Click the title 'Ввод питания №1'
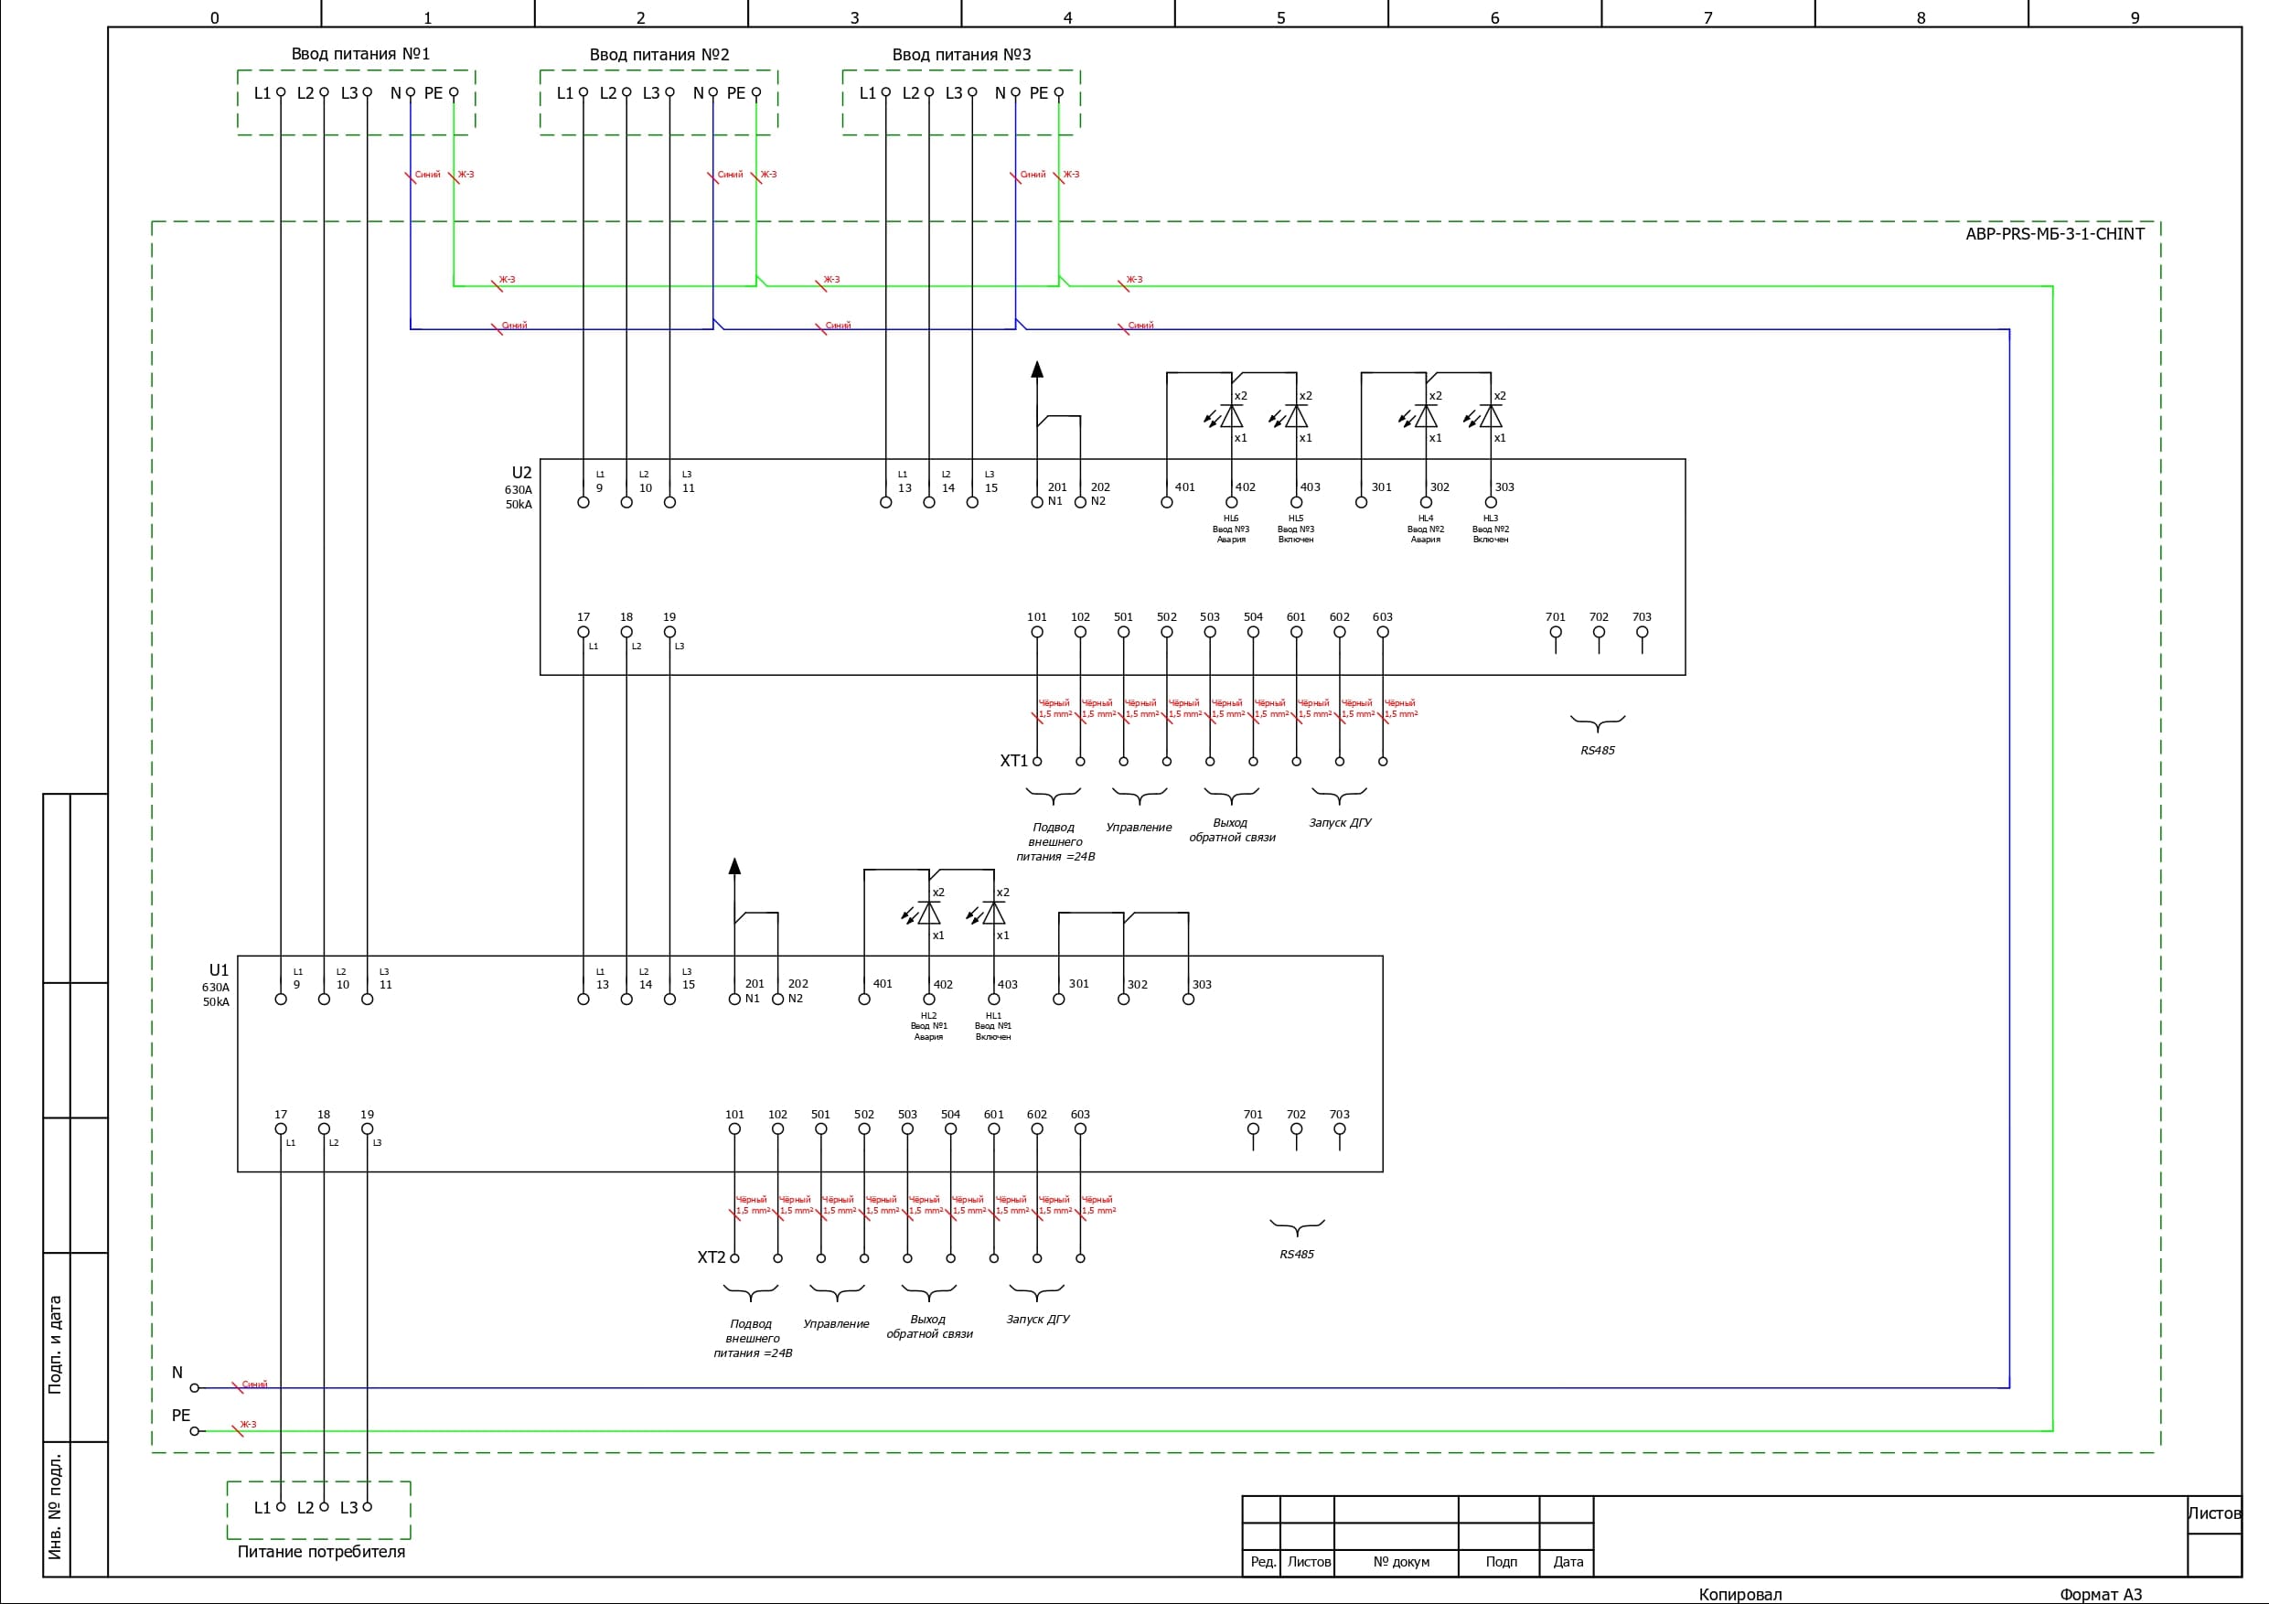[x=359, y=53]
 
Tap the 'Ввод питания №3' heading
[x=960, y=54]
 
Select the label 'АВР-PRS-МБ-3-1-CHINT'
[x=2055, y=234]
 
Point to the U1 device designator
[x=219, y=969]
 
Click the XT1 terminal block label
[x=1013, y=761]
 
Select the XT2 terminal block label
[x=711, y=1257]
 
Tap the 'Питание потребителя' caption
[x=321, y=1552]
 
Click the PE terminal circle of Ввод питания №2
[x=756, y=93]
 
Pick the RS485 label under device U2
[x=1597, y=750]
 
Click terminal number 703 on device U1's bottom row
[x=1339, y=1115]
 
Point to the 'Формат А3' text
[x=2100, y=1594]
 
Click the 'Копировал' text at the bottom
[x=1739, y=1594]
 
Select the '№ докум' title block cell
[x=1400, y=1562]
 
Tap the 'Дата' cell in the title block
[x=1568, y=1562]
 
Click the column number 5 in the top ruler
[x=1280, y=17]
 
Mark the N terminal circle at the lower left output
[x=195, y=1387]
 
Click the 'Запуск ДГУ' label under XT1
[x=1340, y=822]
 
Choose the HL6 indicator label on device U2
[x=1230, y=518]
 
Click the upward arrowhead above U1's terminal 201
[x=734, y=867]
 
